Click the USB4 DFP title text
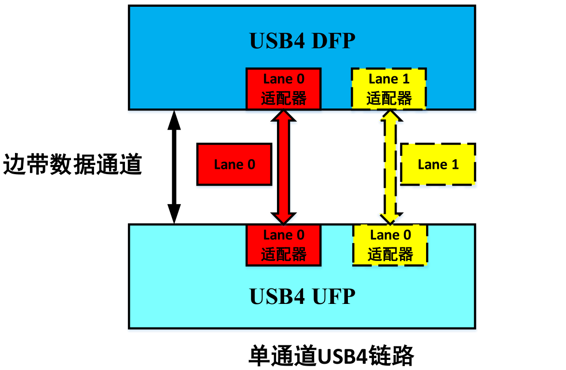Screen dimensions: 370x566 click(x=302, y=41)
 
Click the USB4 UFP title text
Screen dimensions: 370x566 click(x=302, y=295)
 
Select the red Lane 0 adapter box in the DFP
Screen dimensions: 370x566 click(x=283, y=89)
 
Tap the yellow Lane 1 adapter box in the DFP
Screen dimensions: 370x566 click(x=389, y=89)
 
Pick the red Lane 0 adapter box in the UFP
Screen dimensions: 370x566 click(x=283, y=245)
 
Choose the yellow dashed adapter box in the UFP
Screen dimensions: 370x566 click(x=390, y=245)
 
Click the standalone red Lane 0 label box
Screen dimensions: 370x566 click(x=235, y=164)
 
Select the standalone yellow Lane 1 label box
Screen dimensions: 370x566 click(x=438, y=164)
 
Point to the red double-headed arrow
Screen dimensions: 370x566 click(x=283, y=167)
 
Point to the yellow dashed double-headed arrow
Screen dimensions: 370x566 click(x=389, y=167)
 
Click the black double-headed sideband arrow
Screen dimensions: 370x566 click(x=174, y=167)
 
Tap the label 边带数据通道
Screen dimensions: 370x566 click(x=72, y=165)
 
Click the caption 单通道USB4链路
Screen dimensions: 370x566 click(x=331, y=356)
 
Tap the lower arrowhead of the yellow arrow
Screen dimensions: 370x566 click(x=389, y=217)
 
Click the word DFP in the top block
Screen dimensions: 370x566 click(x=333, y=41)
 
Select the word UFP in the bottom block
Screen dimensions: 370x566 click(x=333, y=295)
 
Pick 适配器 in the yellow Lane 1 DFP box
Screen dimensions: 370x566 click(x=389, y=98)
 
